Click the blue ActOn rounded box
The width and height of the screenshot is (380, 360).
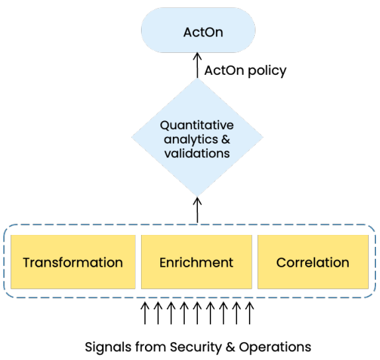198,32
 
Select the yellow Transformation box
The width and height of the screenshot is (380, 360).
73,262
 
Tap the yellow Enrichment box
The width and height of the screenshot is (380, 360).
197,262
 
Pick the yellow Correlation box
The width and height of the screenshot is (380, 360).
312,262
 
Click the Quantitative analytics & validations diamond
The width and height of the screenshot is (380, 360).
197,138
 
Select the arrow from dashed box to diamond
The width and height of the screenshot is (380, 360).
197,210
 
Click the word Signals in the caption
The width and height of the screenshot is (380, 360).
107,346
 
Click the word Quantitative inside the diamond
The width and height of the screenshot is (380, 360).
197,124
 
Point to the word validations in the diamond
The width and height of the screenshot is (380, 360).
197,153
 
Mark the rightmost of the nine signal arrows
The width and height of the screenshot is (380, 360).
249,312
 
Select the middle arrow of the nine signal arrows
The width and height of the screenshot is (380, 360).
197,312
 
